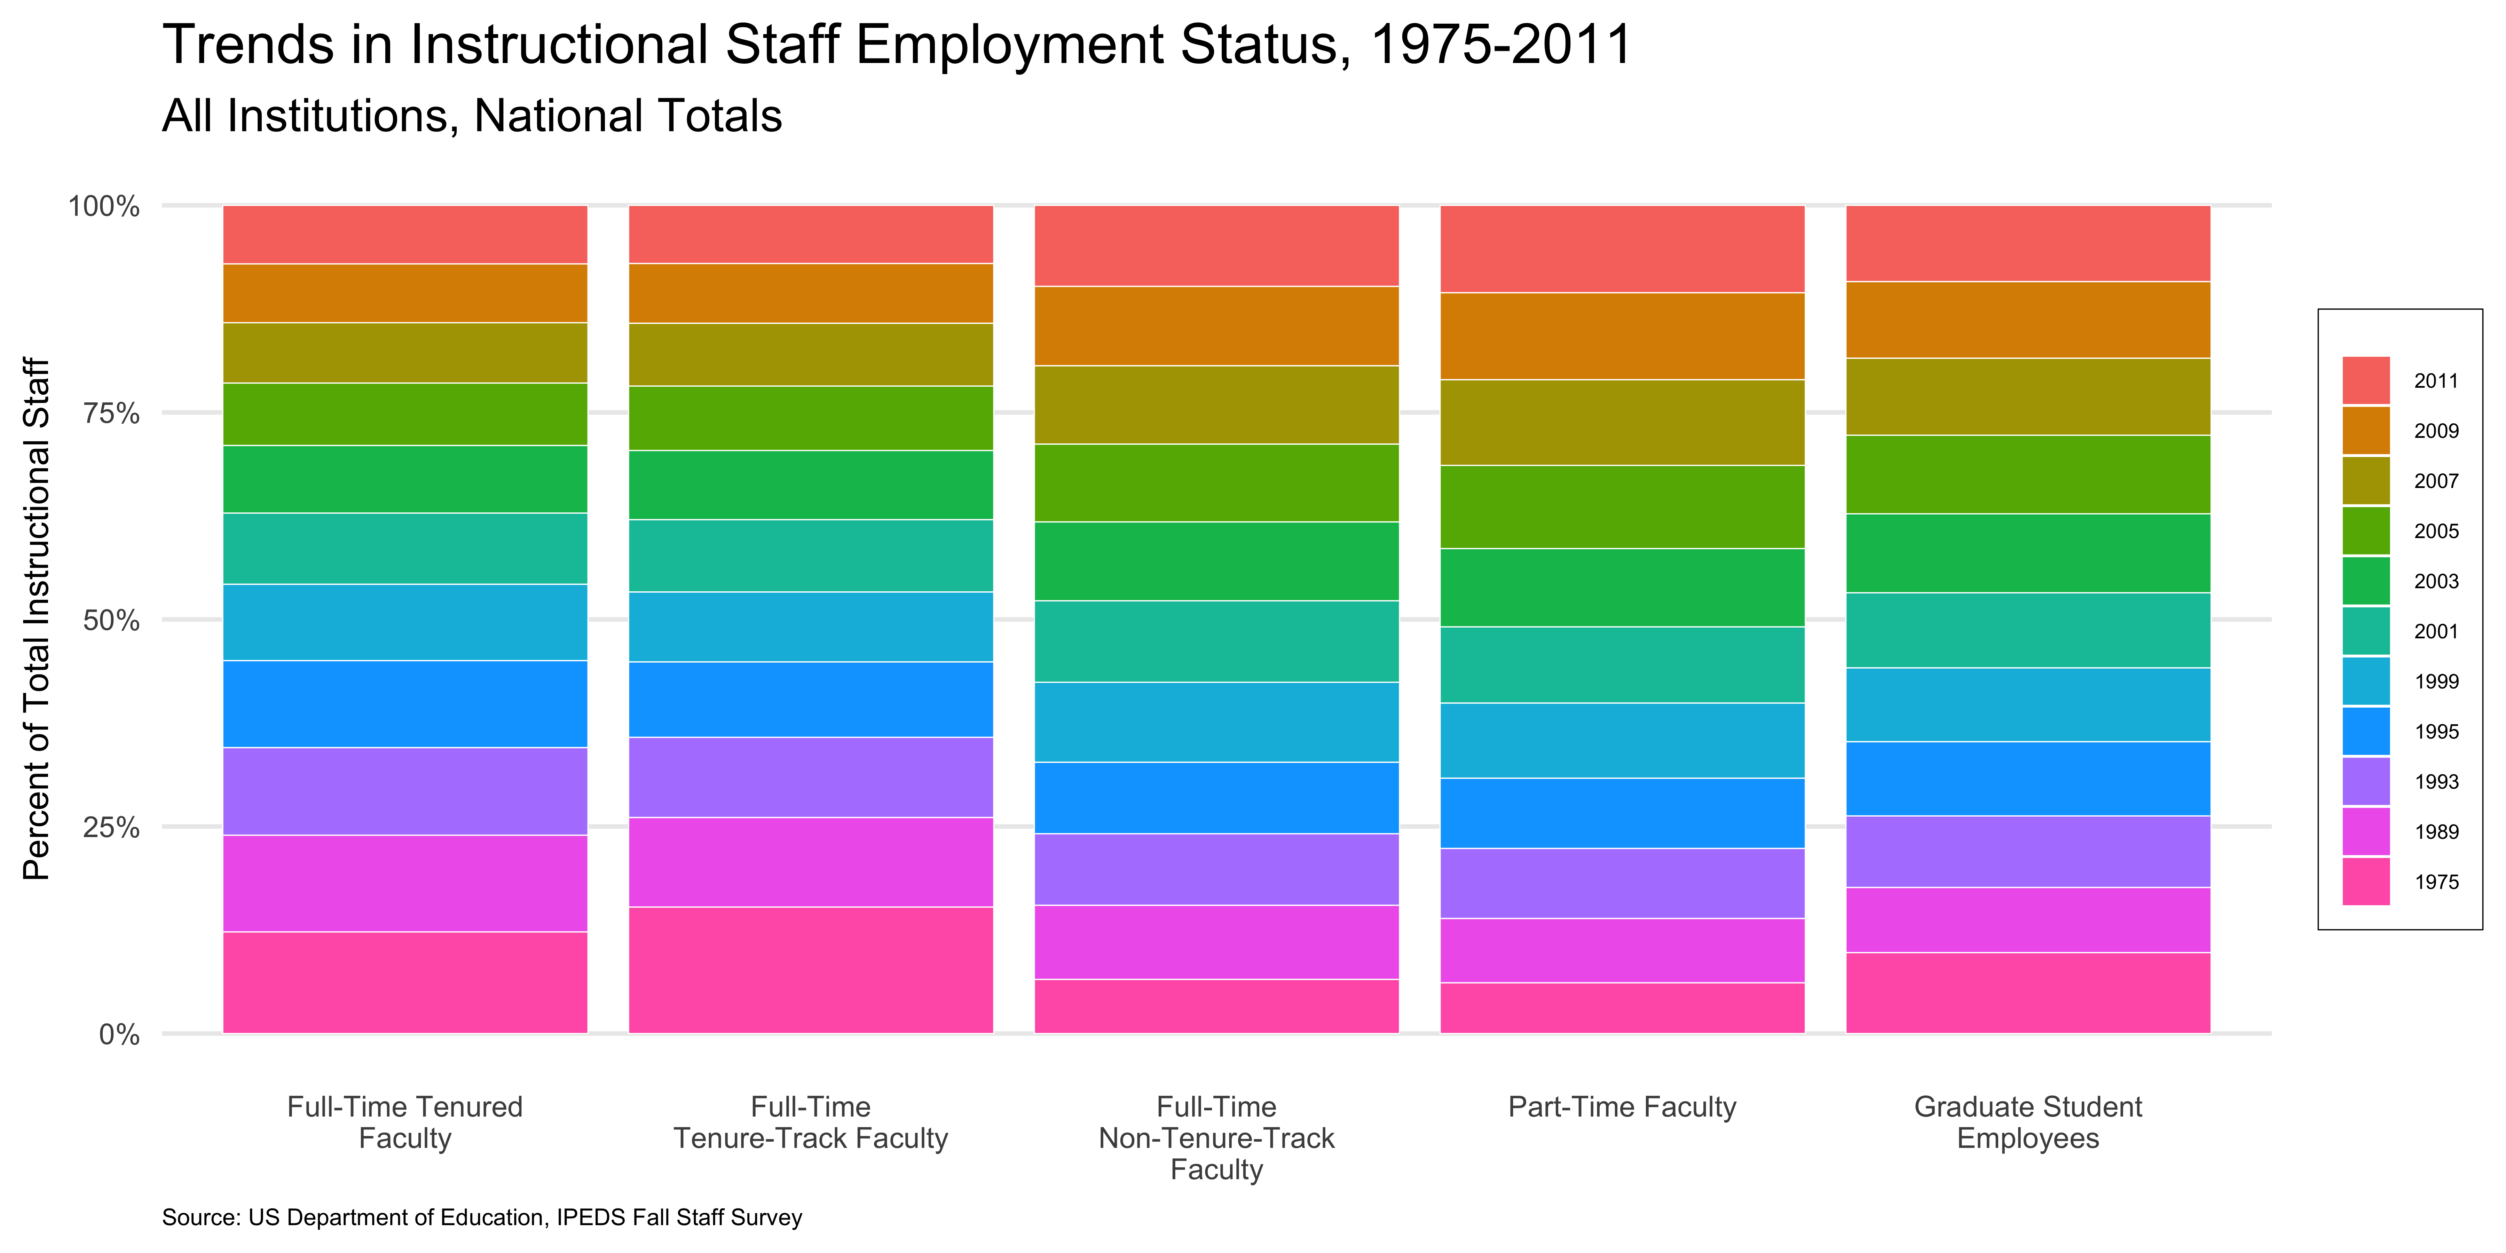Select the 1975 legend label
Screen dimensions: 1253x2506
pyautogui.click(x=2436, y=882)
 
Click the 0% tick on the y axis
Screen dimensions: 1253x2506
pyautogui.click(x=119, y=1034)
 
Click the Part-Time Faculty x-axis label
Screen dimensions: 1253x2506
pyautogui.click(x=1622, y=1107)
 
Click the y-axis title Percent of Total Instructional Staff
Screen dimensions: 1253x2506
pyautogui.click(x=36, y=619)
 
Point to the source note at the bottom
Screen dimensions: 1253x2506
pyautogui.click(x=482, y=1217)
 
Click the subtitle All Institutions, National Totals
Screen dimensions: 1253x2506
pyautogui.click(x=472, y=116)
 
